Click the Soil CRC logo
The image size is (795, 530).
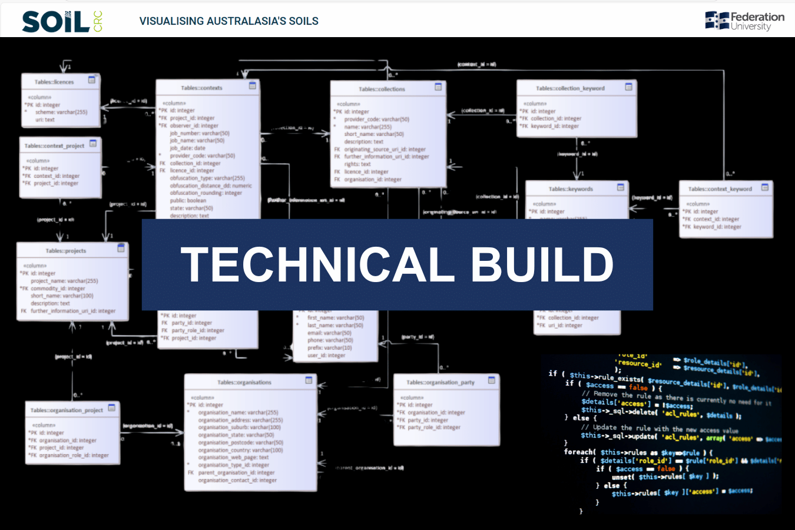62,22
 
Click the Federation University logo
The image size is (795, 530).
744,21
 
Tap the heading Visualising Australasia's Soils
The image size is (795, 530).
228,21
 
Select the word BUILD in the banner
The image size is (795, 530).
542,264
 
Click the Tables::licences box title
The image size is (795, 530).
54,82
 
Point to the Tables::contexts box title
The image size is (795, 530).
201,88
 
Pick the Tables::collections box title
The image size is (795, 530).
382,89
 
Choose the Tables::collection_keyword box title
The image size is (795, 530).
570,88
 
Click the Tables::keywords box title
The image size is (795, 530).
571,189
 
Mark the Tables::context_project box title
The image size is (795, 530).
54,145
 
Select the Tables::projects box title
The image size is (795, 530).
66,251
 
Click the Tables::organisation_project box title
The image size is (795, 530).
67,410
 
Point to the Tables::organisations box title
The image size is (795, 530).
244,382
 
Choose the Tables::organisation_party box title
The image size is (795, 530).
440,382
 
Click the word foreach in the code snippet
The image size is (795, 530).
579,452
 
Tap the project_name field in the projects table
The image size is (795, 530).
64,281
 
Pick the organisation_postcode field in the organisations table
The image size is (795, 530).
240,442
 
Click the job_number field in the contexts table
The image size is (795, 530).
200,133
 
